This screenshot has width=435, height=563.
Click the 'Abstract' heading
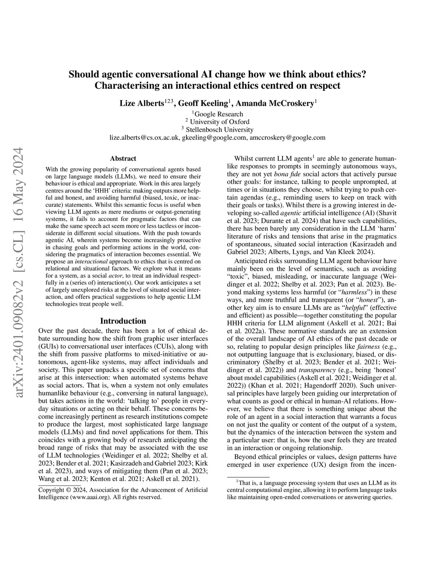(123, 158)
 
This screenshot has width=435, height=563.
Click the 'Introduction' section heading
(123, 321)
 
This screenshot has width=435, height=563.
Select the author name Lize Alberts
(141, 104)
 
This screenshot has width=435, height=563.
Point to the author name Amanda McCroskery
(275, 104)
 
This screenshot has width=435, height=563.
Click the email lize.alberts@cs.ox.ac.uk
(144, 138)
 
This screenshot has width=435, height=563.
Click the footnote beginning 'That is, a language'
(310, 489)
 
